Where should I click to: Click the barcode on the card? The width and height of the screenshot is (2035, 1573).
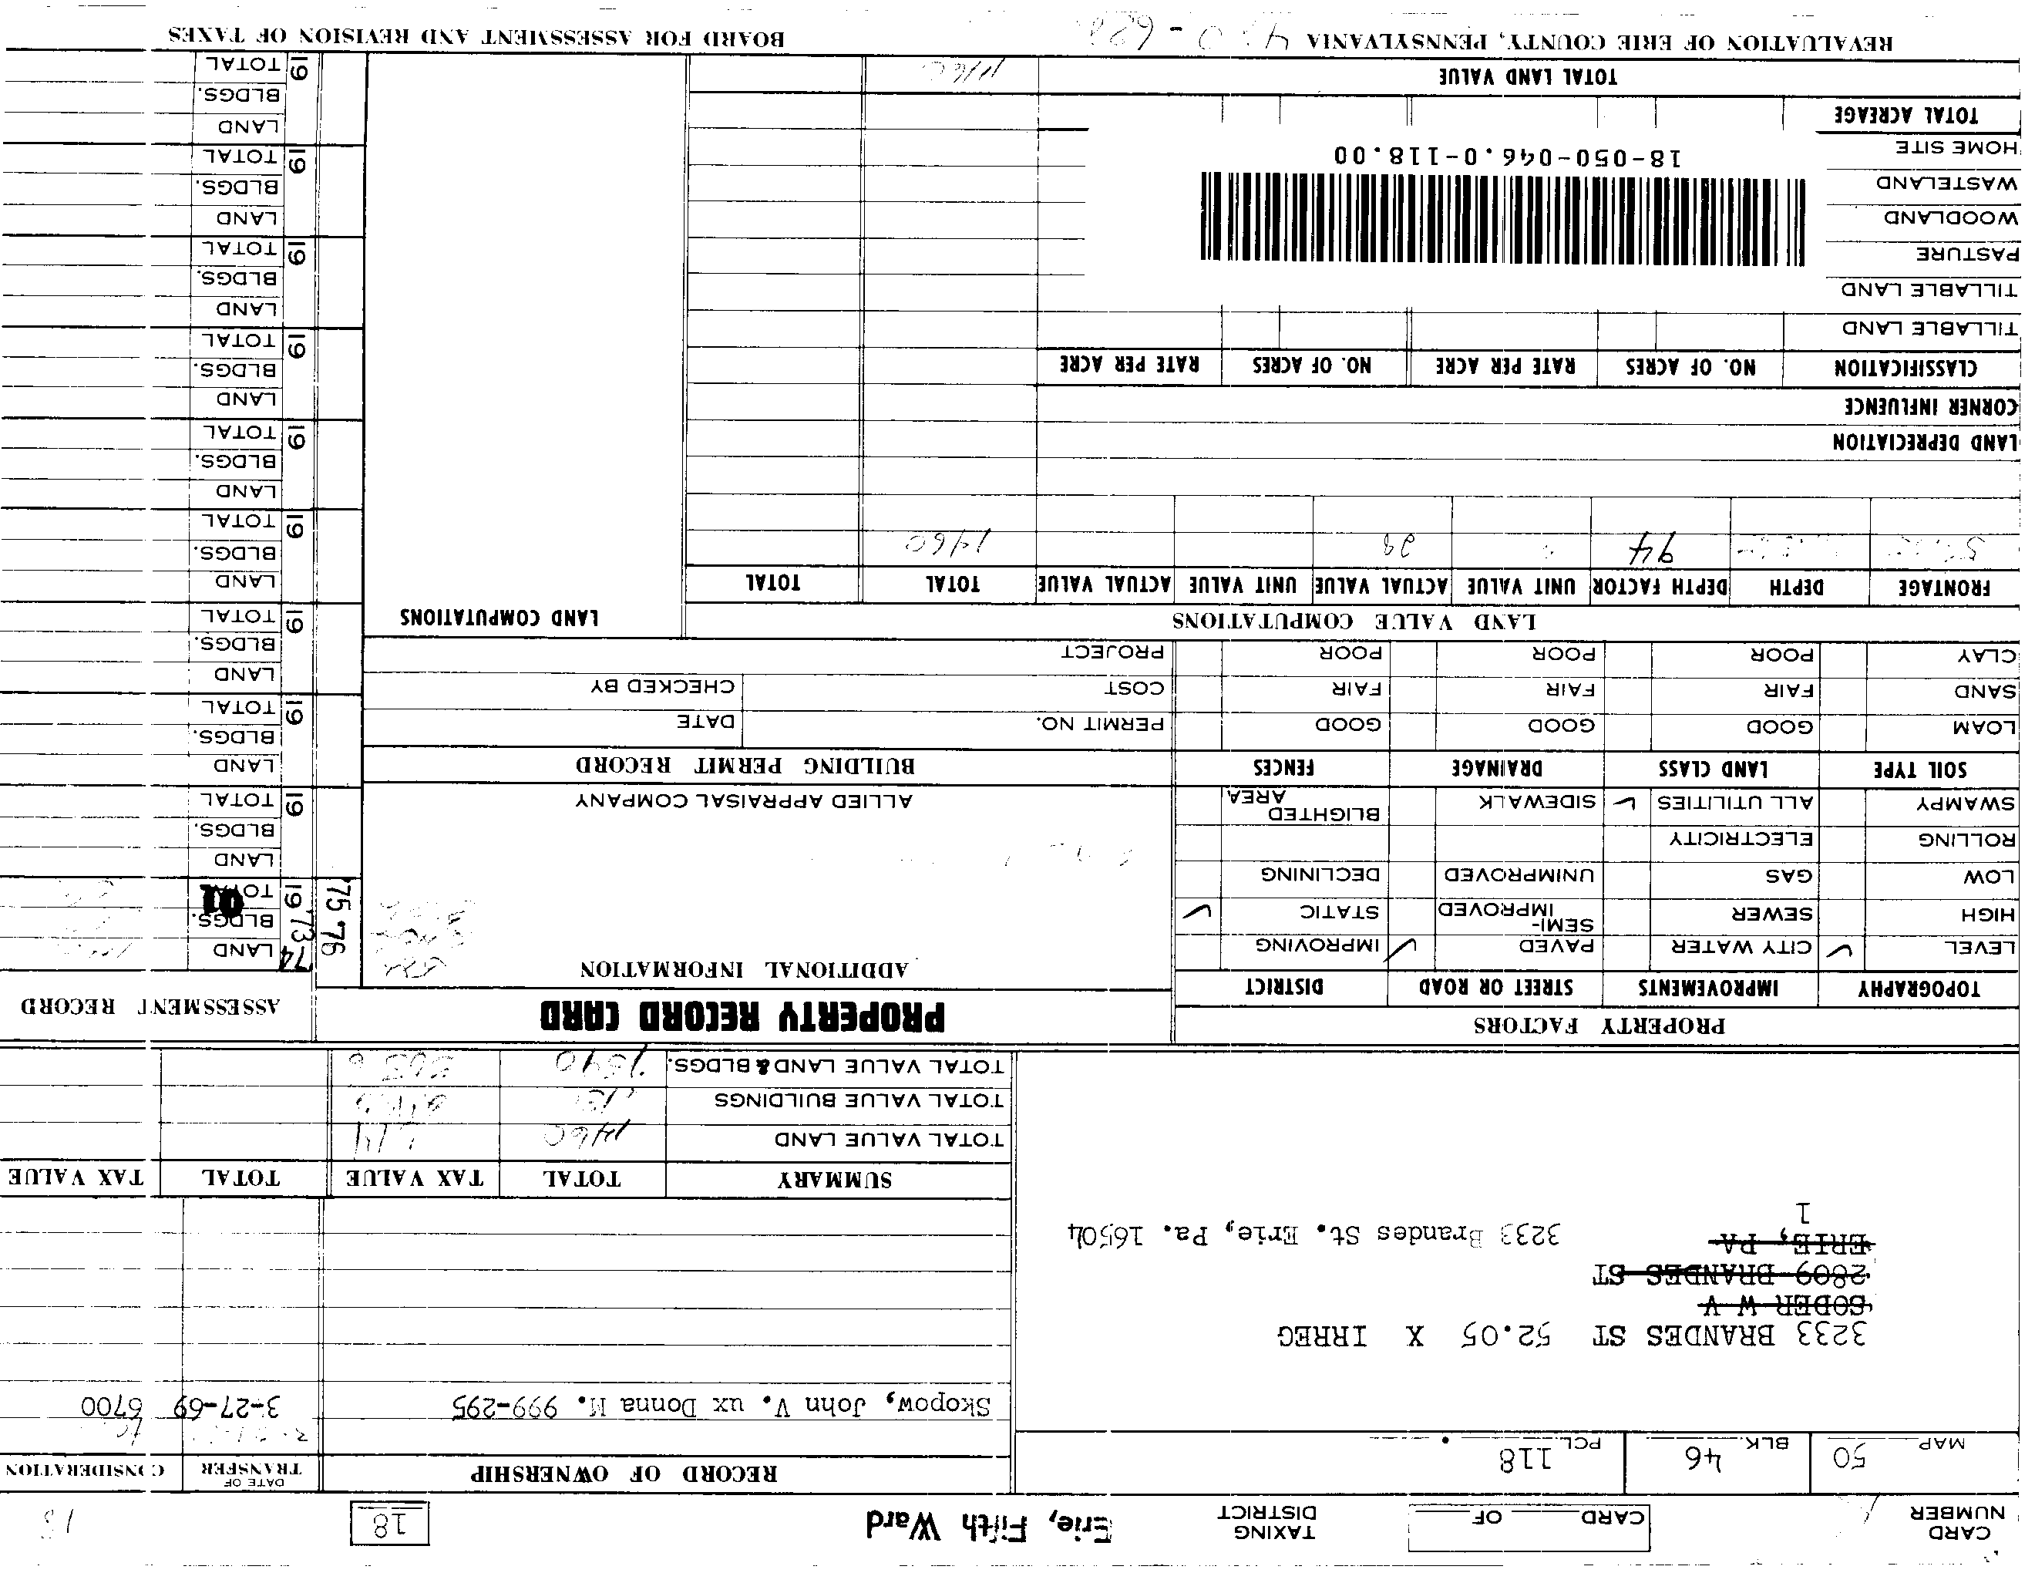(x=1502, y=218)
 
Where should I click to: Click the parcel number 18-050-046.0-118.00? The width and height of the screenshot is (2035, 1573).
(x=1508, y=156)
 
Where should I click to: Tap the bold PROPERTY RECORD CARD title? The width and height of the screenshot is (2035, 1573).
(x=742, y=1016)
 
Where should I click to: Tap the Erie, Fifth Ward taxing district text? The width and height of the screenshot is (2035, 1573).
(x=989, y=1525)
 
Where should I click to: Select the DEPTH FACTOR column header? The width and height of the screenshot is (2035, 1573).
(x=1660, y=586)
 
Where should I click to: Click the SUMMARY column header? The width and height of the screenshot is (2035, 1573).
(x=835, y=1180)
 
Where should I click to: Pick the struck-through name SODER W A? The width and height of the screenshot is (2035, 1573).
(x=1786, y=1305)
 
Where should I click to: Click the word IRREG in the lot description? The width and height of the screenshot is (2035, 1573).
(x=1321, y=1336)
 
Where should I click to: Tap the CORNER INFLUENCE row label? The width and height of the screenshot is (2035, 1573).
(x=1929, y=406)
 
